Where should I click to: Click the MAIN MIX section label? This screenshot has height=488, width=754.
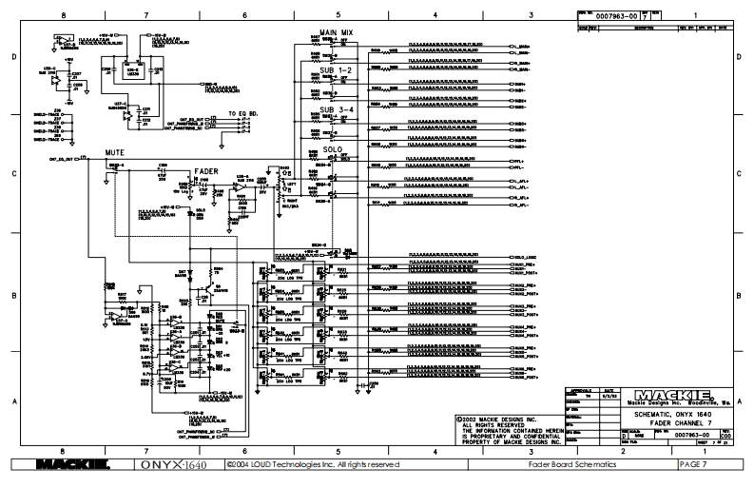pyautogui.click(x=337, y=32)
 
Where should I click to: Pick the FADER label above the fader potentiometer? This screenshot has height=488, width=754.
pyautogui.click(x=208, y=172)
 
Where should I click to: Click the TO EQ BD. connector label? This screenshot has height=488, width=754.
pyautogui.click(x=245, y=112)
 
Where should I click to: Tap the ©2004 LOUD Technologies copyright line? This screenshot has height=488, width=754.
pyautogui.click(x=314, y=464)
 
